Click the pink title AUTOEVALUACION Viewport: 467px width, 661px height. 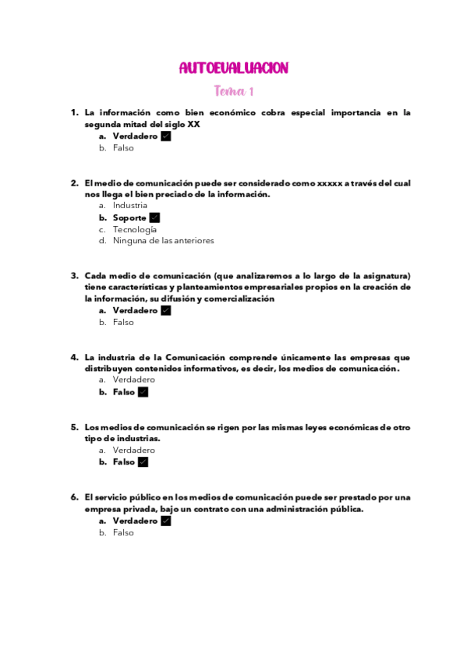[233, 68]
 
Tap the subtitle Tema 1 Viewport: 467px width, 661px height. [234, 91]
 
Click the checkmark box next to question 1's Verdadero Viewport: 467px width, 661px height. [165, 136]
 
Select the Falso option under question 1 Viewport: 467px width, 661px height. [123, 147]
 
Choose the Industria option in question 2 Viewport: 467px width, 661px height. [129, 205]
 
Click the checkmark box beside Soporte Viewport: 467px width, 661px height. [154, 217]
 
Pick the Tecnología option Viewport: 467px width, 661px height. [134, 229]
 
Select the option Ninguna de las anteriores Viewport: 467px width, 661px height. [163, 241]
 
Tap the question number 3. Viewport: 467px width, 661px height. [75, 275]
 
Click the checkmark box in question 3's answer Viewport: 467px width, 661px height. [165, 310]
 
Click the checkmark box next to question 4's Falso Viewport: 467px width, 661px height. [143, 392]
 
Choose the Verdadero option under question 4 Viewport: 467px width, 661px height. [133, 380]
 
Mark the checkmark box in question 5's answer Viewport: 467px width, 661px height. [143, 461]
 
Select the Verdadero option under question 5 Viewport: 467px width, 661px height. [133, 450]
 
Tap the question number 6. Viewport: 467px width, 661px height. [75, 497]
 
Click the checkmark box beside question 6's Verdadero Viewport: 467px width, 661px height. [165, 521]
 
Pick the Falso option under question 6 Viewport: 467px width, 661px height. [123, 532]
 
